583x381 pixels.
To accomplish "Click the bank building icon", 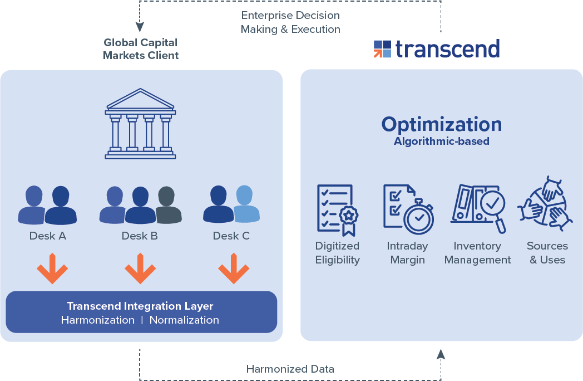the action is point(140,124).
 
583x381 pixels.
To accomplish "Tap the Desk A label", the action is point(48,236).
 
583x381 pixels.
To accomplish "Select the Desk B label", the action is point(140,236).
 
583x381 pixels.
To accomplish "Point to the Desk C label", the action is point(231,236).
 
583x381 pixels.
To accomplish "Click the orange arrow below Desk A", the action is point(52,268).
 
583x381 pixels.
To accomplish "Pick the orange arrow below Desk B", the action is point(140,268).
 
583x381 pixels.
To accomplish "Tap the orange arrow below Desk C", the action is point(234,268).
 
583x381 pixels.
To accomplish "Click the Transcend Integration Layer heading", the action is point(140,306).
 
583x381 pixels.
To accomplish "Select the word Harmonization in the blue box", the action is point(98,320).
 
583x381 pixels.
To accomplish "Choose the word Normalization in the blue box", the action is point(184,320).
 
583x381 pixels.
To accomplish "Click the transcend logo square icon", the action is point(382,49).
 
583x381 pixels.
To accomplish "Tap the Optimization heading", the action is point(442,125).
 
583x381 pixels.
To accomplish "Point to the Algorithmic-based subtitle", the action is point(442,141).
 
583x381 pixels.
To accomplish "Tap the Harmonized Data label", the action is point(290,369).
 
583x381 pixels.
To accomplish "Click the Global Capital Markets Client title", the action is point(141,49).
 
